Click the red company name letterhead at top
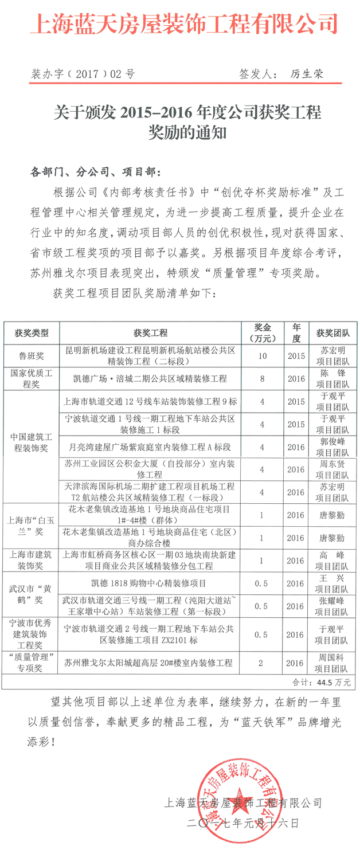point(186,24)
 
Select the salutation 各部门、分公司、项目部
point(95,172)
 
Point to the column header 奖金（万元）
point(263,332)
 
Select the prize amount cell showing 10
point(263,356)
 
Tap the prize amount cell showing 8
point(263,378)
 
